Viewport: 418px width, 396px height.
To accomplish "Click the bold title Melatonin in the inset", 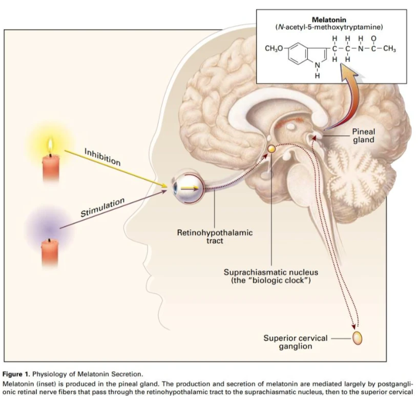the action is pyautogui.click(x=329, y=20).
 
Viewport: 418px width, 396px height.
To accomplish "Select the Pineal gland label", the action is pyautogui.click(x=364, y=135).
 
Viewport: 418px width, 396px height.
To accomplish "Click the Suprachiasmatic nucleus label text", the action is pyautogui.click(x=271, y=276).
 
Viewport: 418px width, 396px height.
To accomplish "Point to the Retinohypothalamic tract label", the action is pyautogui.click(x=215, y=236).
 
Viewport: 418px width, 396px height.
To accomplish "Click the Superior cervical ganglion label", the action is pyautogui.click(x=296, y=342).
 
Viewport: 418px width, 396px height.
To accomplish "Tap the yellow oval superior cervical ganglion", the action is pyautogui.click(x=357, y=338).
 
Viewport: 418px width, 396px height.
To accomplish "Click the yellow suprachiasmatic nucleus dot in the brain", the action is pyautogui.click(x=271, y=149).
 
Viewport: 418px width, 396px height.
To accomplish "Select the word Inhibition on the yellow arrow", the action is pyautogui.click(x=102, y=157).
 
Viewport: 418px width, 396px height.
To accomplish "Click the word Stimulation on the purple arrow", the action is pyautogui.click(x=102, y=207).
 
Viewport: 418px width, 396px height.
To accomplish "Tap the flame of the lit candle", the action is pyautogui.click(x=50, y=146).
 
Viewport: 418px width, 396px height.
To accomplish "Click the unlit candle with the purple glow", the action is pyautogui.click(x=50, y=252).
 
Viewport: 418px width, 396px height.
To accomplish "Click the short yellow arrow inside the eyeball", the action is pyautogui.click(x=190, y=189).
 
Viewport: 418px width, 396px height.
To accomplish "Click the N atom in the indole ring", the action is pyautogui.click(x=317, y=65).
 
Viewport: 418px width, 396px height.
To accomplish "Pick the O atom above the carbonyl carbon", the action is pyautogui.click(x=373, y=39).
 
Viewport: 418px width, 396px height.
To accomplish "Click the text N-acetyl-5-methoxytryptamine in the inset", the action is pyautogui.click(x=329, y=27).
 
